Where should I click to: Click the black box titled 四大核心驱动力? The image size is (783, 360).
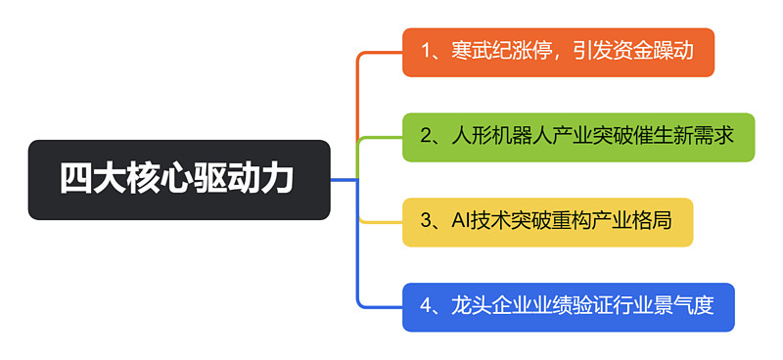point(179,180)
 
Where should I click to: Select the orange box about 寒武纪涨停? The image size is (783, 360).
point(558,52)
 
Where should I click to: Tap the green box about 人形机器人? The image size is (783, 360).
point(578,137)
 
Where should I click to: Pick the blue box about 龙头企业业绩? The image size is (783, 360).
point(568,307)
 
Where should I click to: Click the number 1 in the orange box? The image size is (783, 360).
point(426,52)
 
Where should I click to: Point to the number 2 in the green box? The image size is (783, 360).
point(427,137)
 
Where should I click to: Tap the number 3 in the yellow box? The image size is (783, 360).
point(427,222)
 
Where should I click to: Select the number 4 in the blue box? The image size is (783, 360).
point(427,307)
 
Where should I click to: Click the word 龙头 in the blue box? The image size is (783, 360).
point(468,307)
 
